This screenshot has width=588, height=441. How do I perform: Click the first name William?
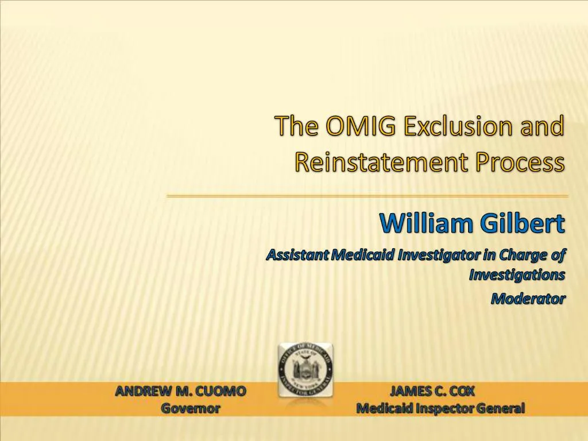point(426,223)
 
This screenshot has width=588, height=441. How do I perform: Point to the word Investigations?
point(517,275)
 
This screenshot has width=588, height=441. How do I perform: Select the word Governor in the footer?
point(190,409)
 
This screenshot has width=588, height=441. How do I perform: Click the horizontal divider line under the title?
point(367,196)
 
